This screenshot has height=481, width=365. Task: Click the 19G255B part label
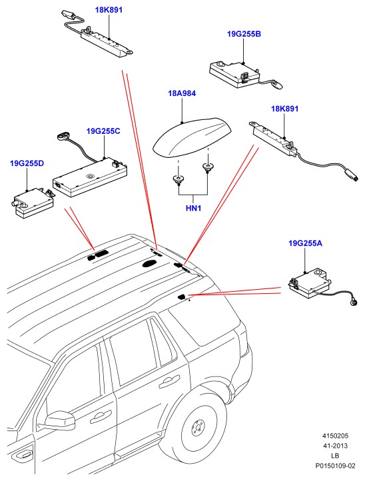244,34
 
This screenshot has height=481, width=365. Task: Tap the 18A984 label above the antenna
182,93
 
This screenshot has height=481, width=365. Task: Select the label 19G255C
103,131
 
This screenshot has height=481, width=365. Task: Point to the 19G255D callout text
27,163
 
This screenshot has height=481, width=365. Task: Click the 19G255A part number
305,243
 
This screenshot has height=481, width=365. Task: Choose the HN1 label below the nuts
194,209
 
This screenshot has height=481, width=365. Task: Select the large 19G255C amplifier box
90,179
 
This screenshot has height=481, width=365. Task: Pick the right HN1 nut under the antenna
207,167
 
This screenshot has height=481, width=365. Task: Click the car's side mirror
60,420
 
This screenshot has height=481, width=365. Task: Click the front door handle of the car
101,416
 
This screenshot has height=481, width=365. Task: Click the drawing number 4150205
335,436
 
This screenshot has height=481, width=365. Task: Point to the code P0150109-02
335,466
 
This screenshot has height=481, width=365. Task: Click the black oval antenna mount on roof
150,263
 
